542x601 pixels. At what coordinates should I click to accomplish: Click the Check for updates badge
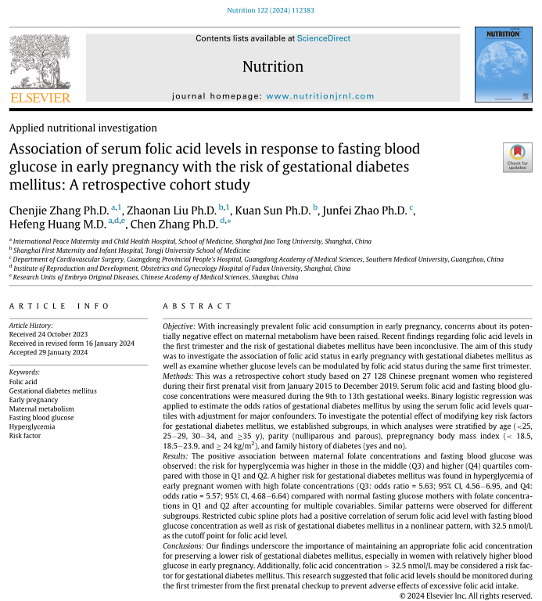pos(517,157)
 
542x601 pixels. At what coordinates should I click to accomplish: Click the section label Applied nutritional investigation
pos(84,128)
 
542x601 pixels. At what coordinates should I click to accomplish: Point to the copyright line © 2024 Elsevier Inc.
pos(466,596)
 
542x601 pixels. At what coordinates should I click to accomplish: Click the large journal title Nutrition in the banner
pos(273,67)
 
